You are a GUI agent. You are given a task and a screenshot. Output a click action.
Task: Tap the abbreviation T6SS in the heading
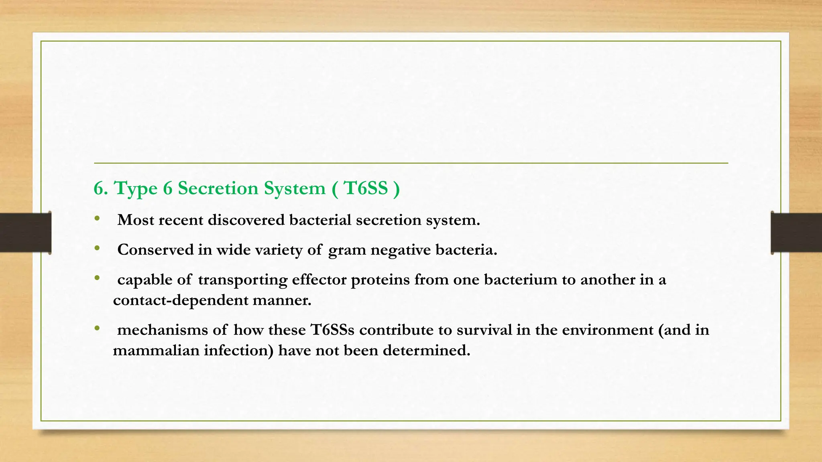click(x=366, y=188)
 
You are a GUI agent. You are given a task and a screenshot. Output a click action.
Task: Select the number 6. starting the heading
click(x=101, y=188)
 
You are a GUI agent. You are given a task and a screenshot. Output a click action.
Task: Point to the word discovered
click(x=246, y=220)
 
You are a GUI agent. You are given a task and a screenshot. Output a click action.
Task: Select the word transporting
click(x=242, y=280)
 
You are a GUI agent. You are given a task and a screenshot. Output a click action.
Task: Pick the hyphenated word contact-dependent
click(x=181, y=300)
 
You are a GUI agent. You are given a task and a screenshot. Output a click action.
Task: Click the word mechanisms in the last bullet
click(x=163, y=330)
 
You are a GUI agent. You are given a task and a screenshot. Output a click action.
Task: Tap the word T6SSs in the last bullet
click(x=332, y=330)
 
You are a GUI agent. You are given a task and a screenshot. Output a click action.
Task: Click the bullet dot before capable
click(x=97, y=278)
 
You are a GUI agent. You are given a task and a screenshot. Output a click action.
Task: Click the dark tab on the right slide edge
click(x=796, y=233)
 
